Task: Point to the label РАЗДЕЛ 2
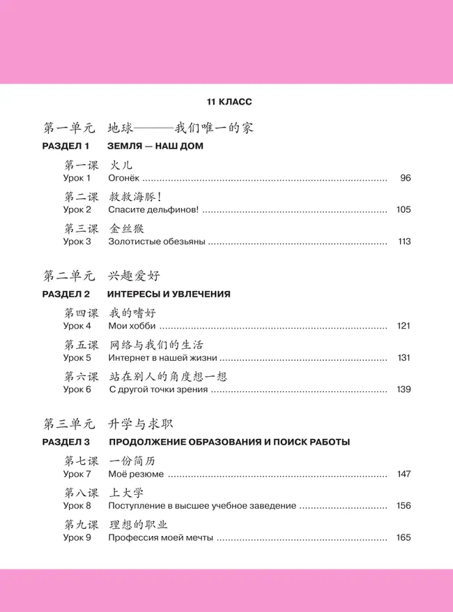point(66,294)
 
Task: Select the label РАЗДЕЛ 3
point(66,442)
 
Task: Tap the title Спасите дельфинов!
point(153,210)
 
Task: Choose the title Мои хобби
point(132,326)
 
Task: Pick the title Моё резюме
point(137,474)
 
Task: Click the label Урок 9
point(77,537)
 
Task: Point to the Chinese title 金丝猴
point(130,228)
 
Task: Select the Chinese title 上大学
point(130,492)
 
